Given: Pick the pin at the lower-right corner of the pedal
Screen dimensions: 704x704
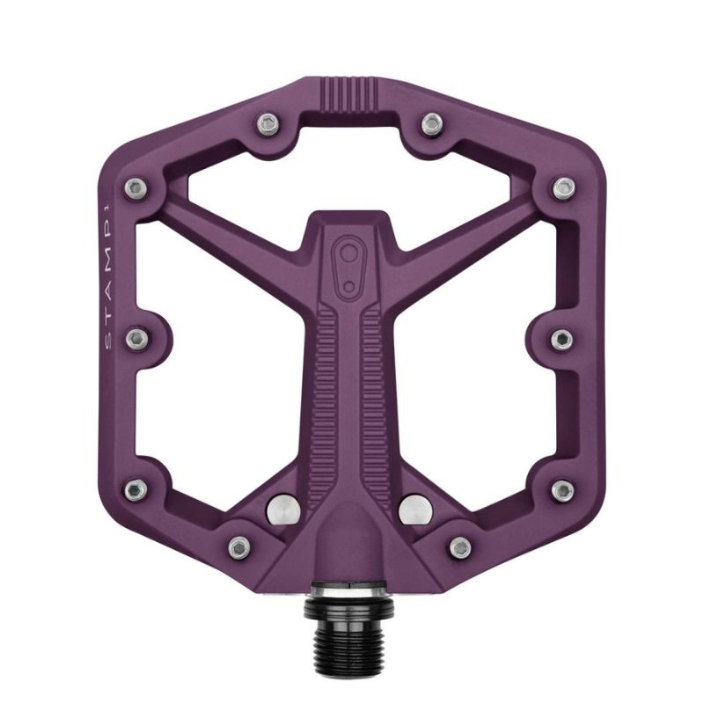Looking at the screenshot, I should coord(564,489).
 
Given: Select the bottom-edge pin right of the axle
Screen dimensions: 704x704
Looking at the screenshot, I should coord(460,546).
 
